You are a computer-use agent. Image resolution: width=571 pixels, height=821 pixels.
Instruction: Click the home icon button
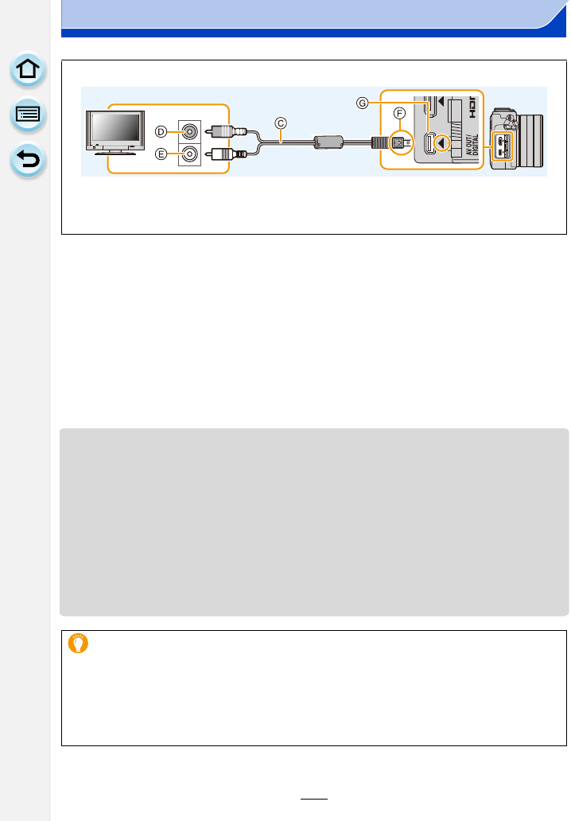[28, 70]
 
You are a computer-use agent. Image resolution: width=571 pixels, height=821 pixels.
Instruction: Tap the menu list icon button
[28, 115]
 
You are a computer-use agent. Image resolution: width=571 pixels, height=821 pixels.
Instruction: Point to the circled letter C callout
[280, 123]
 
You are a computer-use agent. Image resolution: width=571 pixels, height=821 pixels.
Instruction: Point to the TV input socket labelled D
[189, 131]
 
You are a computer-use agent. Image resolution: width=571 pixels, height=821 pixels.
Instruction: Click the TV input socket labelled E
[189, 155]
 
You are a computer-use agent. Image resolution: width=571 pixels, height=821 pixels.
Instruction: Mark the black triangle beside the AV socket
[444, 144]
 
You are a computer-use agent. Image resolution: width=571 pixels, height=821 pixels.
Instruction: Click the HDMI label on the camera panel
[472, 104]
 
